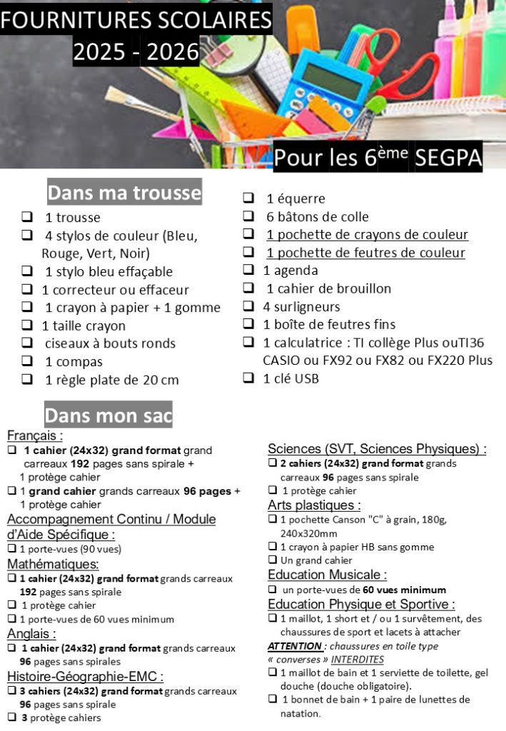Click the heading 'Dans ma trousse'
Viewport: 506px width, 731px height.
click(124, 193)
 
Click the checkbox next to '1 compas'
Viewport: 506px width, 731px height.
click(27, 361)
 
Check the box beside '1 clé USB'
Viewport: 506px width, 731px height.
click(248, 378)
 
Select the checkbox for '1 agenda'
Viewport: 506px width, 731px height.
click(248, 270)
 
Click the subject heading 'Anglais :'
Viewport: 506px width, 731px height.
click(32, 633)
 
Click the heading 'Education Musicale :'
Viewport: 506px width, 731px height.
click(327, 575)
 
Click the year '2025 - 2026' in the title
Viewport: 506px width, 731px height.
click(136, 52)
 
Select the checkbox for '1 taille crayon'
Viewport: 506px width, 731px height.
click(27, 326)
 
